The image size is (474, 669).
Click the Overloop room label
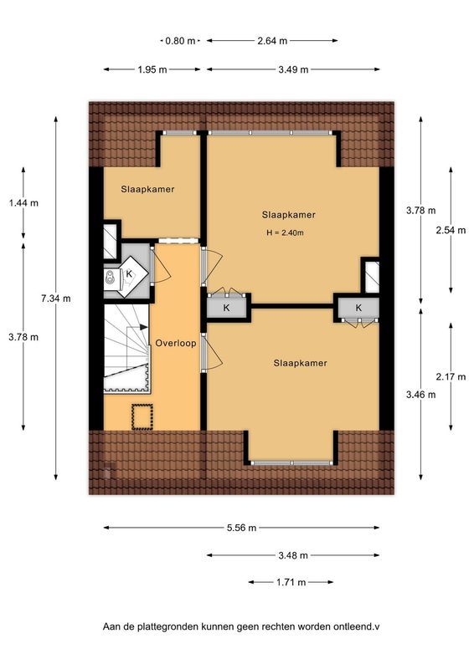point(175,343)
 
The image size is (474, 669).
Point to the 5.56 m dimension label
point(240,528)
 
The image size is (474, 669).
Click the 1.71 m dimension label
point(290,582)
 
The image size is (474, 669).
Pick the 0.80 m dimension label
point(180,40)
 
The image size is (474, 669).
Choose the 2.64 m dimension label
point(271,40)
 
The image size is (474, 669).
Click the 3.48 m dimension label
point(291,555)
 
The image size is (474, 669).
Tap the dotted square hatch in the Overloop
point(142,416)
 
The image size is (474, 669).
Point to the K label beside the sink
point(131,273)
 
